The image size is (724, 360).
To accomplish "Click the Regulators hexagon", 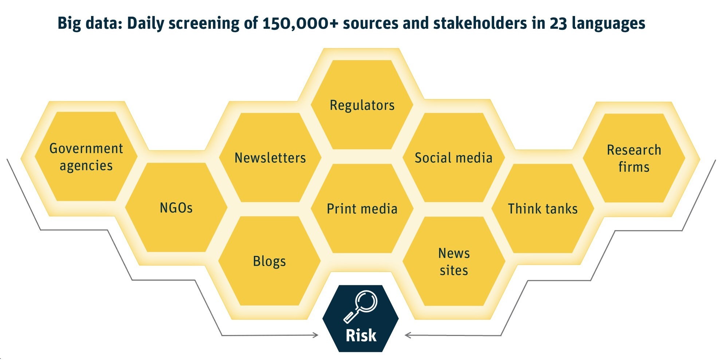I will [362, 105].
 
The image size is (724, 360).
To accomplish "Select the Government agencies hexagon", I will [86, 157].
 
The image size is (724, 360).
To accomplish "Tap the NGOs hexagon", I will [176, 207].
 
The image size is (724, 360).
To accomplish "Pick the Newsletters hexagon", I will [270, 157].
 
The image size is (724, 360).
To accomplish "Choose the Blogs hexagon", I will [269, 261].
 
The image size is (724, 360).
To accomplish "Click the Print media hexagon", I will [362, 209].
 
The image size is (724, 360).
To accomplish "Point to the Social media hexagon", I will [454, 157].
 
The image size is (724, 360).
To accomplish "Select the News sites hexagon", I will [454, 261].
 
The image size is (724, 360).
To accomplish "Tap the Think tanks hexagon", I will [543, 209].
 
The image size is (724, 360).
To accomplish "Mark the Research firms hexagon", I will [634, 158].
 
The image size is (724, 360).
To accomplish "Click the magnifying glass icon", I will [361, 306].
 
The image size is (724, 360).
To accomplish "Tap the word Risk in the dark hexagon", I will [361, 335].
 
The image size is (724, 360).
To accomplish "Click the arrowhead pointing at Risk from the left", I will [315, 335].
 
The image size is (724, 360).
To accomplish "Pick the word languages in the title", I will [609, 23].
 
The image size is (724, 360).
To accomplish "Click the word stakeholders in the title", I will [480, 23].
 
